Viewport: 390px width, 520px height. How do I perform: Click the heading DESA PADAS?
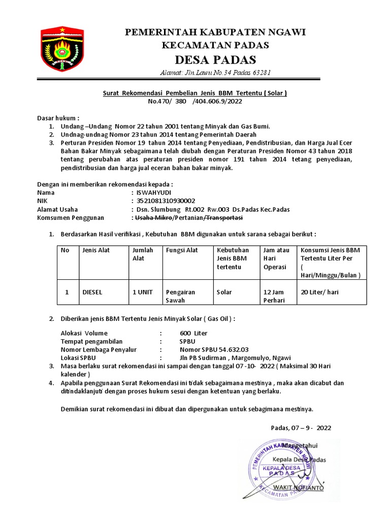pos(216,58)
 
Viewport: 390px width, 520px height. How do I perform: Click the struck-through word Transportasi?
pos(223,217)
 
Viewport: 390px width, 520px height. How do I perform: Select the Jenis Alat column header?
pos(96,250)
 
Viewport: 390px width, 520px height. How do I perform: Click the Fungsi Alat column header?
pos(182,250)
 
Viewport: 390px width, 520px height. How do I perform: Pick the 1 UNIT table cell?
pos(142,292)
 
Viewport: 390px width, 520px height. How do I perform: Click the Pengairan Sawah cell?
pos(180,296)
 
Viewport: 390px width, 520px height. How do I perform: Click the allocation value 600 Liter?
pos(193,333)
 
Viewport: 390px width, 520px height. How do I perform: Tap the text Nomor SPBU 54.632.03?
pos(214,349)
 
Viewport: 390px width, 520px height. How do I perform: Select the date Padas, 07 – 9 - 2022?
pos(301,428)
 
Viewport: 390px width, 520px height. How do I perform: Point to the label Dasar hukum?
pos(58,118)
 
